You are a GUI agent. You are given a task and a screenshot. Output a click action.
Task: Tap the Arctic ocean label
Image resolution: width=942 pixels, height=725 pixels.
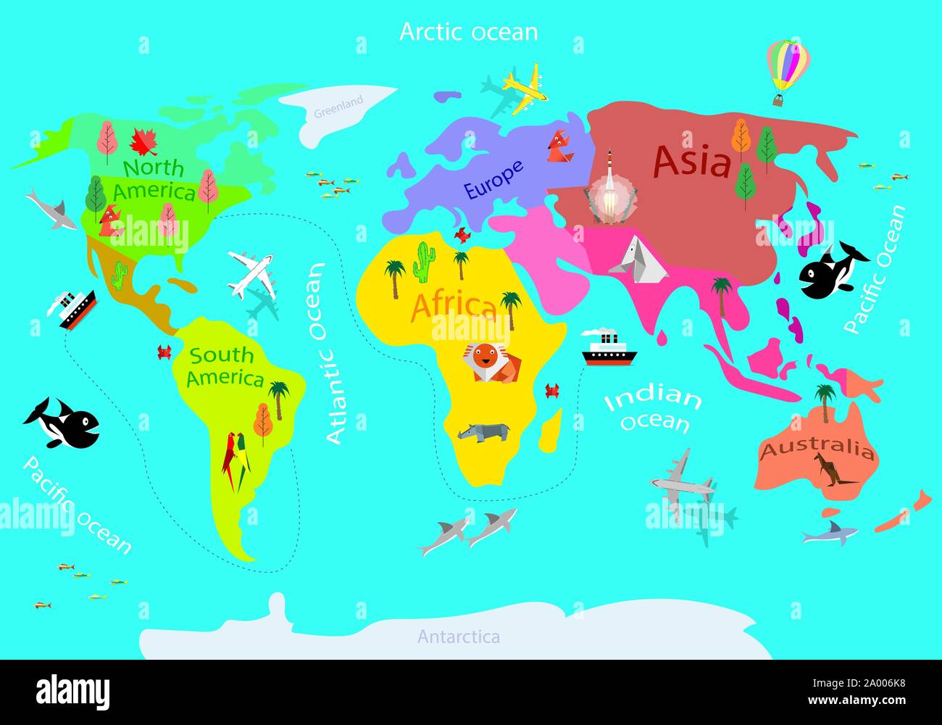coord(469,32)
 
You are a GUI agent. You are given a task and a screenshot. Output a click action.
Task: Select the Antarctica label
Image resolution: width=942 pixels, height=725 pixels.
coord(458,637)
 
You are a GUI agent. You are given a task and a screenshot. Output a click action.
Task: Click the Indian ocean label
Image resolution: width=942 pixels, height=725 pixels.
coord(653,409)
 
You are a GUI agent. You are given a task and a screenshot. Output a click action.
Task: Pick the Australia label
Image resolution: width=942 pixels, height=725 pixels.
coord(816,450)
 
